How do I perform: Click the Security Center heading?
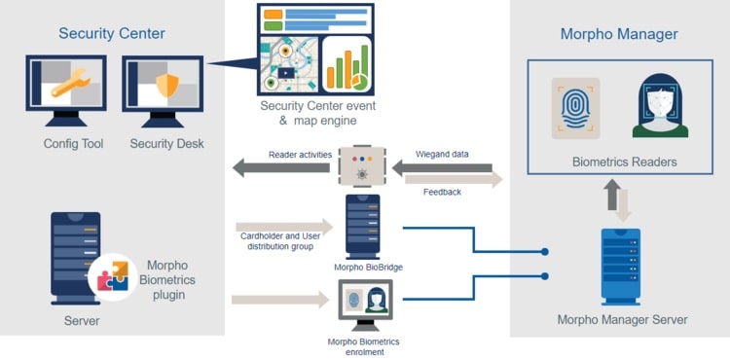(112, 33)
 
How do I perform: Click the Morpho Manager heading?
(619, 34)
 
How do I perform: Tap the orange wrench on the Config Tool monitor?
(71, 83)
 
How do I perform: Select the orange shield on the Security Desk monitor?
(167, 85)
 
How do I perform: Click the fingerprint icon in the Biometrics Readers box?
(575, 108)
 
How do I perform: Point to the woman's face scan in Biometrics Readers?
(660, 105)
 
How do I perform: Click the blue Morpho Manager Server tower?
(621, 267)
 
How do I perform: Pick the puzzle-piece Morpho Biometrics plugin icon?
(113, 277)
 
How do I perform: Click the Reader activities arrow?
(280, 168)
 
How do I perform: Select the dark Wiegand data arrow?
(442, 167)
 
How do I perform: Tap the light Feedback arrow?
(454, 180)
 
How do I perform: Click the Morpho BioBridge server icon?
(363, 227)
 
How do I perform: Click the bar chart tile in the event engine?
(347, 64)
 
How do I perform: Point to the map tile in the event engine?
(289, 64)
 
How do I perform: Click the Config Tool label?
(74, 143)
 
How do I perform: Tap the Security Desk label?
(166, 143)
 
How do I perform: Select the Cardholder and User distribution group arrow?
(284, 227)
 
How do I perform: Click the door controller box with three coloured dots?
(362, 166)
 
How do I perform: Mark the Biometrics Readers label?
(624, 162)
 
